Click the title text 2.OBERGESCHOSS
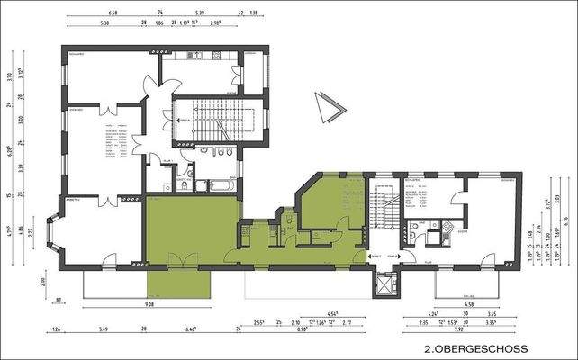click(475, 346)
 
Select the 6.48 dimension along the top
click(113, 13)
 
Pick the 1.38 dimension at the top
click(254, 13)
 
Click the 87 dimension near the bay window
click(59, 300)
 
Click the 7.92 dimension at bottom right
click(457, 330)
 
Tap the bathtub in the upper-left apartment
click(220, 185)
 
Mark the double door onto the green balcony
click(183, 260)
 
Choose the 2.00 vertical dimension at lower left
click(41, 281)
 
